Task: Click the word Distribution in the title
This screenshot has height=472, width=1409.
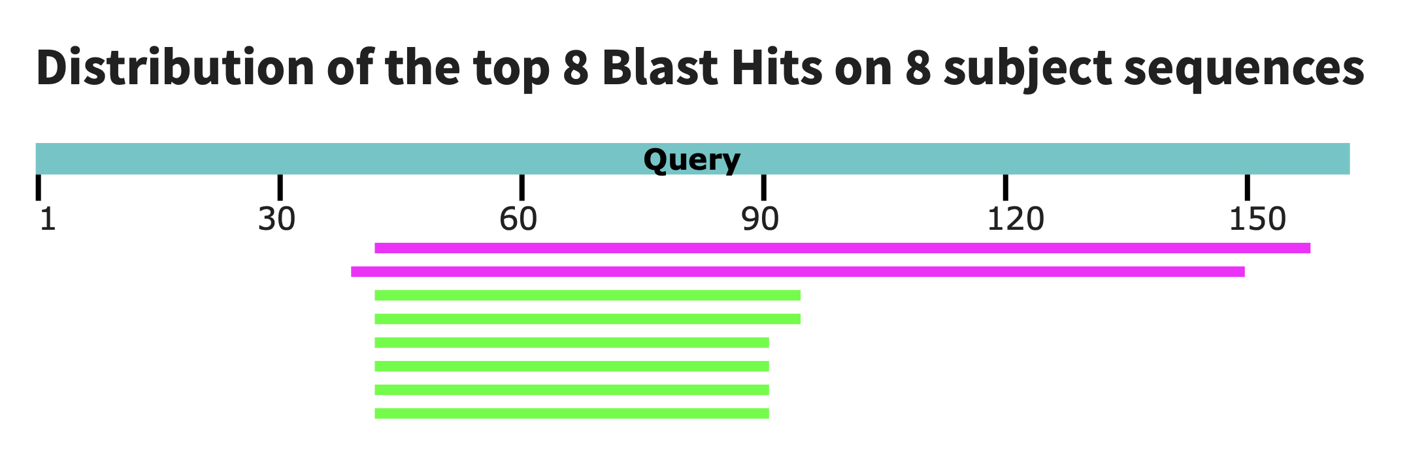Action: tap(176, 67)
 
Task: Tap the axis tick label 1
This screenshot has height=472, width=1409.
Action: tap(48, 219)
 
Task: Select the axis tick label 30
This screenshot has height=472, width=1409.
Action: tap(277, 219)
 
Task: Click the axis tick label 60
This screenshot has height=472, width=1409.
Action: tap(518, 219)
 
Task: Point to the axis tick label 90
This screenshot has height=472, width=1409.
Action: tap(760, 219)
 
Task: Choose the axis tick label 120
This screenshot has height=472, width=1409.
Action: tap(1016, 219)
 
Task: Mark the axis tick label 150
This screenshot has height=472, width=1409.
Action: tap(1257, 219)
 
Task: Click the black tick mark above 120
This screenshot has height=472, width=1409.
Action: tap(1005, 187)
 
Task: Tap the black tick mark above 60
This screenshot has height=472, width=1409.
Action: tap(522, 187)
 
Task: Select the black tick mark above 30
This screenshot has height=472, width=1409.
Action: tap(280, 187)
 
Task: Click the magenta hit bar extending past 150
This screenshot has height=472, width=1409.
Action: tap(842, 248)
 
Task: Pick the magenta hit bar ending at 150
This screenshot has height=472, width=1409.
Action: tap(798, 272)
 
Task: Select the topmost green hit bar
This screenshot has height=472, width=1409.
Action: tap(588, 295)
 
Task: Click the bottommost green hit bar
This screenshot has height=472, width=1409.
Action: tap(572, 413)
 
